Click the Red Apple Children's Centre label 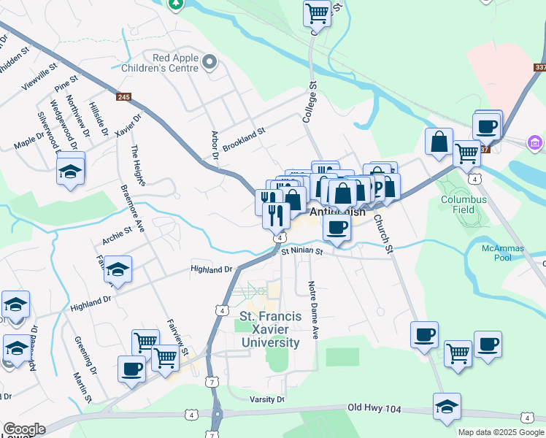point(174,63)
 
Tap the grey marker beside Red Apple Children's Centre point(211,63)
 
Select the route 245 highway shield point(123,96)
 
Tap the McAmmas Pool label point(503,253)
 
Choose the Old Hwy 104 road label point(375,408)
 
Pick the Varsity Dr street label point(266,399)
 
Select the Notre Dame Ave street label point(314,310)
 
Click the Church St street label point(383,233)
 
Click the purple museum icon point(535,141)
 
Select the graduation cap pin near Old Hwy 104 point(447,407)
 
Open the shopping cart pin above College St point(317,12)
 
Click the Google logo point(23,429)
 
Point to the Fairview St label point(177,337)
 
